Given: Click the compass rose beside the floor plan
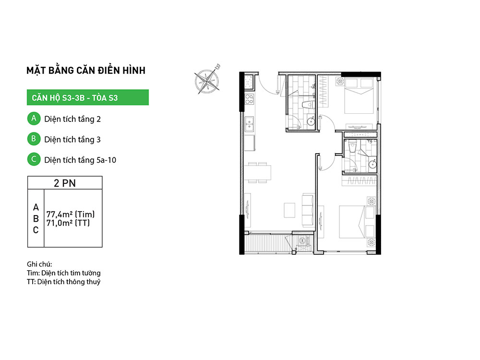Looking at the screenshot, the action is [x=207, y=80].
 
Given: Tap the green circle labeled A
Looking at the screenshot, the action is [x=34, y=119].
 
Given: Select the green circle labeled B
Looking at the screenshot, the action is [x=34, y=139].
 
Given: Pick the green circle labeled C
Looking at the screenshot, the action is [x=34, y=159].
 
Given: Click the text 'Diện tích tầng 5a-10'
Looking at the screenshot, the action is [x=80, y=160].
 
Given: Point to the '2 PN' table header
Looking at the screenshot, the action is [x=65, y=183].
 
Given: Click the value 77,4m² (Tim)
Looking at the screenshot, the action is [x=71, y=214].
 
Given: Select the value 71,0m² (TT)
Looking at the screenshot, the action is [x=68, y=223].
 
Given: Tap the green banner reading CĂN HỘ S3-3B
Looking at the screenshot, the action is [x=88, y=97].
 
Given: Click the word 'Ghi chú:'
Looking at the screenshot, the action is [x=39, y=264].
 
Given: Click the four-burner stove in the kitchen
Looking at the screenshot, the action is [x=249, y=99].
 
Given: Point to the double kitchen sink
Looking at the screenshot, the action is [x=249, y=124].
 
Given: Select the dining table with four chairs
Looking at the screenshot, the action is [x=257, y=173].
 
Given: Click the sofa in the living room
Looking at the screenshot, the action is [x=308, y=210].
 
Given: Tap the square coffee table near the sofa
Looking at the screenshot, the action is [x=289, y=210].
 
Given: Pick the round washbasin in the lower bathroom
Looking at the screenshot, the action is [x=372, y=164].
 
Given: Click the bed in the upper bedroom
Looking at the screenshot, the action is [x=359, y=96].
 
